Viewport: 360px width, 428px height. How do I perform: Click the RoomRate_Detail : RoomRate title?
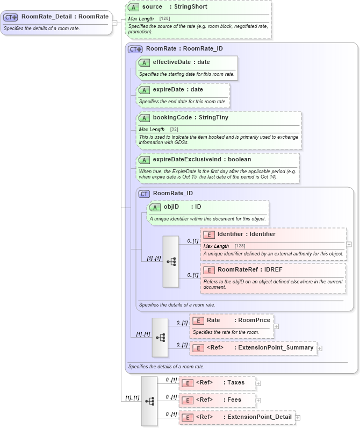coord(64,17)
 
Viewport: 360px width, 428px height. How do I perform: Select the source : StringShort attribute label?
coord(174,7)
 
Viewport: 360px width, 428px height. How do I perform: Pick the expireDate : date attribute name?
coord(178,89)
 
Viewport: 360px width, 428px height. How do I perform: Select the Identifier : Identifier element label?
coord(246,234)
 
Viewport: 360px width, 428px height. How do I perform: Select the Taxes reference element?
coord(220,383)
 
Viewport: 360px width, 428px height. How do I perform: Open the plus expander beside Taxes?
coord(258,383)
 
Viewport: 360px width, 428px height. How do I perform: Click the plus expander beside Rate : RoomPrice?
coord(276,326)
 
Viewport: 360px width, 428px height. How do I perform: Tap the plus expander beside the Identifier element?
coord(349,244)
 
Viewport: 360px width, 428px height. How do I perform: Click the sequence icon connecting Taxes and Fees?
coord(149,401)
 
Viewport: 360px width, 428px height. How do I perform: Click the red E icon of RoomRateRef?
coord(209,270)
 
